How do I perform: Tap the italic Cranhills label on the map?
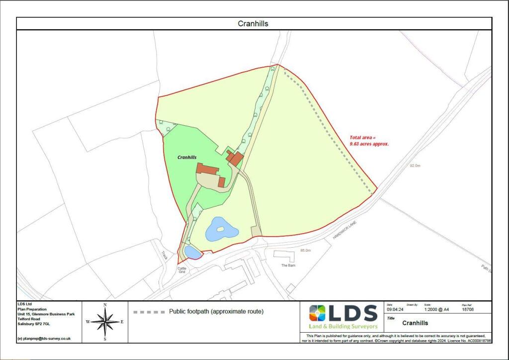click(x=187, y=157)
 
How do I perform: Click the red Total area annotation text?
click(x=369, y=140)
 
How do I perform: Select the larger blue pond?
click(x=220, y=229)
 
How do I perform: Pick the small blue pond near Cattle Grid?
click(x=192, y=253)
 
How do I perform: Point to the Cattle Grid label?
click(x=181, y=270)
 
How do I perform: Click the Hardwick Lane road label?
click(x=345, y=231)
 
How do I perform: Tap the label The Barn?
click(x=288, y=266)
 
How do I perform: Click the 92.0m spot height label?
click(x=416, y=166)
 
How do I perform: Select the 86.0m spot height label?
click(x=305, y=251)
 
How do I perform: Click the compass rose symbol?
click(x=105, y=321)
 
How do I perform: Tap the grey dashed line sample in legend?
click(x=149, y=312)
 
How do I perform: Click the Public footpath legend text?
click(x=216, y=312)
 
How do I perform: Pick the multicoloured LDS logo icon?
click(x=317, y=313)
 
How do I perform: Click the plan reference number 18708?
click(x=468, y=309)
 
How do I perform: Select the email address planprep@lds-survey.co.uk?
click(x=44, y=338)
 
